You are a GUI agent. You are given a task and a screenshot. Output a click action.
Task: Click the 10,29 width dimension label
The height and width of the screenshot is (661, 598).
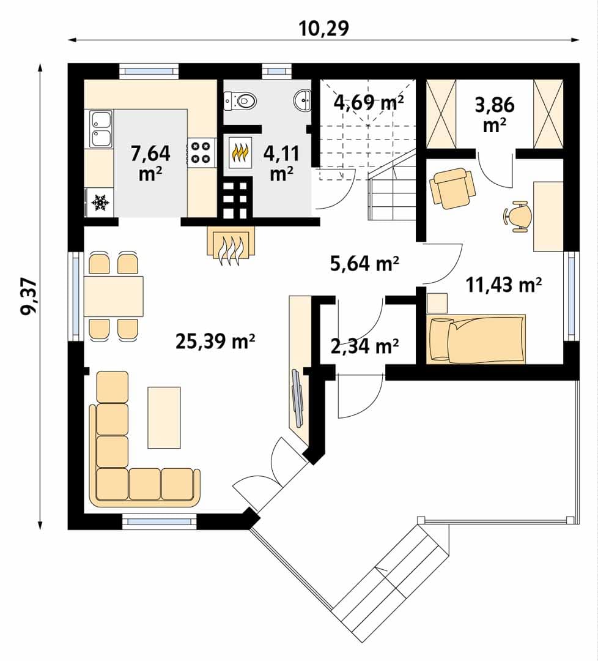coord(324,29)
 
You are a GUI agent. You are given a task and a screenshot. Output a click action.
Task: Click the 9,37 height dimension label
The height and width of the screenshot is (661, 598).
coord(30,296)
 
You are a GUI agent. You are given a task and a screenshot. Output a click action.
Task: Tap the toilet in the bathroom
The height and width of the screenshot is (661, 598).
coord(240,101)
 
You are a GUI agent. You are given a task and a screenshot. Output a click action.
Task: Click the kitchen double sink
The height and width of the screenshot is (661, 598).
coord(101,129)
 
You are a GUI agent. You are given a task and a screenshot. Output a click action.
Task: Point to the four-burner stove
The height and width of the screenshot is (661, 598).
coord(201,152)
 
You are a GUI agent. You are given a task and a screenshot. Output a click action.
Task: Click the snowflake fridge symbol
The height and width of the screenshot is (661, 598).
coord(101,203)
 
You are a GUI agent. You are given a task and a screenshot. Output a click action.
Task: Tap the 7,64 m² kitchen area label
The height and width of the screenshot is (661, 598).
coord(150,163)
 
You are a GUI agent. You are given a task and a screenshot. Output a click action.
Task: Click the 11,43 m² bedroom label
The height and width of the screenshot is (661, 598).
coord(503,285)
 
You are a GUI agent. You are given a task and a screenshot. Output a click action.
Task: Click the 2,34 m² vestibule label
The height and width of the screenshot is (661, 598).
coord(364,346)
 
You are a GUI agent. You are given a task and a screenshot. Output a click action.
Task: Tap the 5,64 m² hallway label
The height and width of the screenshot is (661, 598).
coord(364,263)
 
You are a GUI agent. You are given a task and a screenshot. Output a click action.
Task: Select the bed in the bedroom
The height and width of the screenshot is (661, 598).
coord(476,338)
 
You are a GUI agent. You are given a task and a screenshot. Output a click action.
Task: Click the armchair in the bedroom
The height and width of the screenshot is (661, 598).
coord(452,188)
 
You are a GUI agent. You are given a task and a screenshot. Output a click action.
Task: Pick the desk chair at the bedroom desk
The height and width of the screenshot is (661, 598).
coord(518,216)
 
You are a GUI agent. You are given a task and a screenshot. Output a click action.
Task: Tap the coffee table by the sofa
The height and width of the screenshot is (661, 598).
coord(164,417)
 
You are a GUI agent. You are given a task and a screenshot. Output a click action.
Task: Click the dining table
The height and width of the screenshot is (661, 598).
coord(114,296)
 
